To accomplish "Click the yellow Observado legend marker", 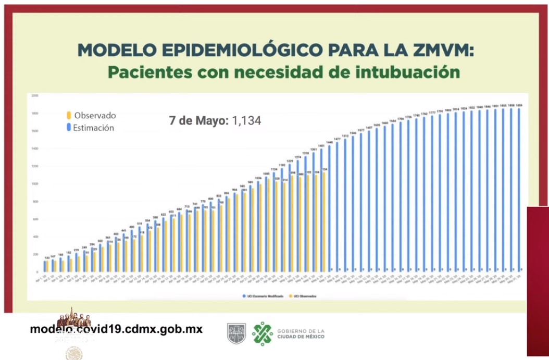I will click(68, 116).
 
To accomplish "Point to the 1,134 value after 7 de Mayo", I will click(246, 121).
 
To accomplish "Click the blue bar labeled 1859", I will click(519, 188).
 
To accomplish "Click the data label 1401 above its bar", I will click(321, 146).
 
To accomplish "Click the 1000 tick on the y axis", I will click(35, 184).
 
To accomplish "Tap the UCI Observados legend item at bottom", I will click(305, 296).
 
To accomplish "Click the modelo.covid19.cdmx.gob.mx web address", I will click(116, 329).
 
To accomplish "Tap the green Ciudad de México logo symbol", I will click(263, 333).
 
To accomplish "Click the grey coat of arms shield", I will click(236, 333).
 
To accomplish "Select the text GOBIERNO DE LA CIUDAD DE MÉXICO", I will click(301, 333).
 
